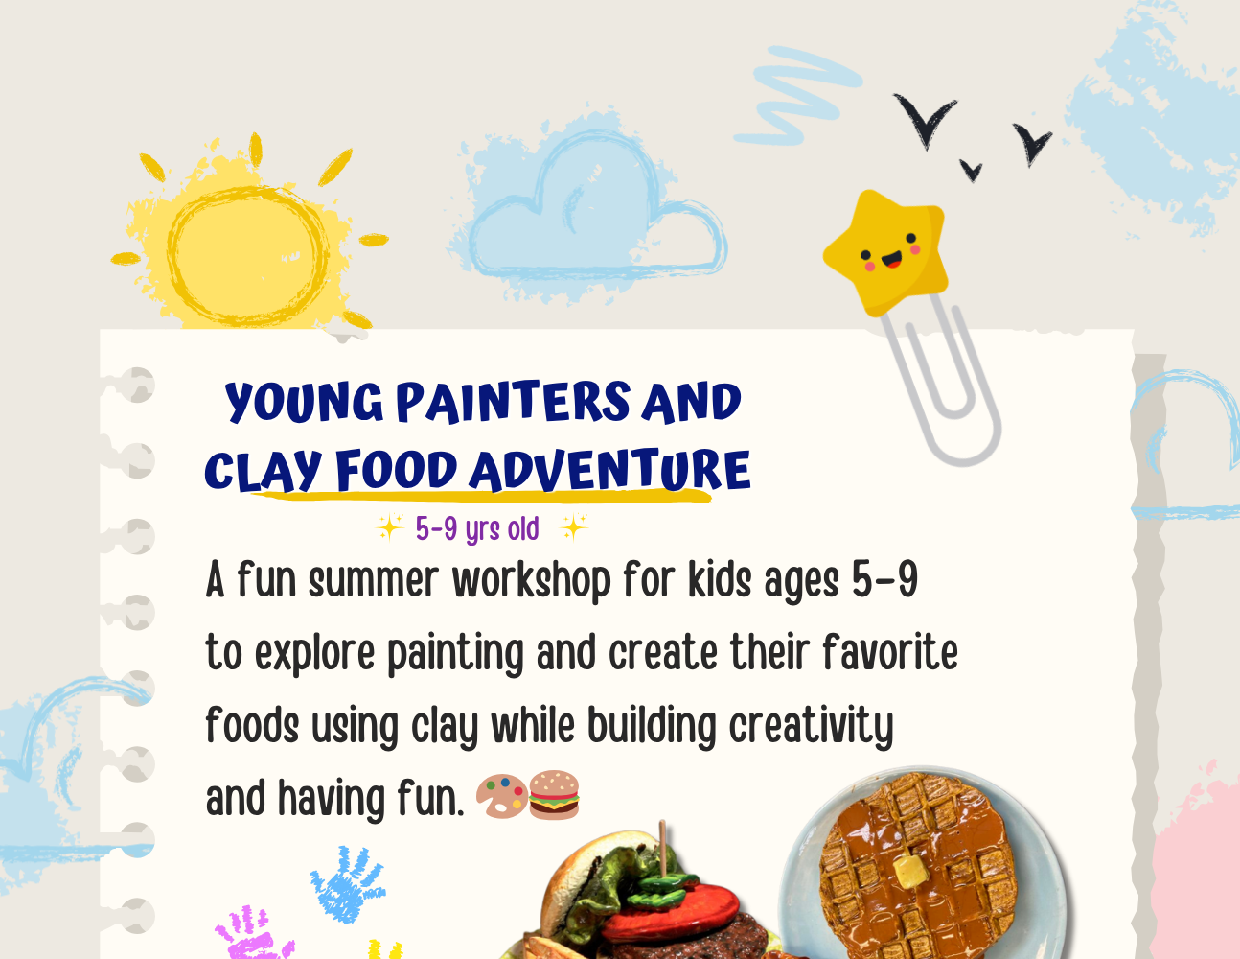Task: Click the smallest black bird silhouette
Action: pyautogui.click(x=971, y=170)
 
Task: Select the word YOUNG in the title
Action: pyautogui.click(x=304, y=402)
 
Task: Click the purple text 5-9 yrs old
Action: pyautogui.click(x=477, y=528)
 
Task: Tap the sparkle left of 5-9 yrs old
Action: pyautogui.click(x=390, y=526)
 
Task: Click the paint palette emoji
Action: pyautogui.click(x=501, y=796)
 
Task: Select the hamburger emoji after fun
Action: pyautogui.click(x=554, y=795)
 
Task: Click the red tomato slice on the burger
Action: pyautogui.click(x=671, y=912)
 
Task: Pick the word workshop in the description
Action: pyautogui.click(x=531, y=581)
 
